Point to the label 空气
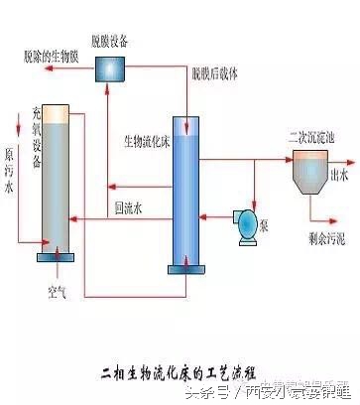(x=57, y=293)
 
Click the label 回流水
(x=129, y=208)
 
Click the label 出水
(x=340, y=174)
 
